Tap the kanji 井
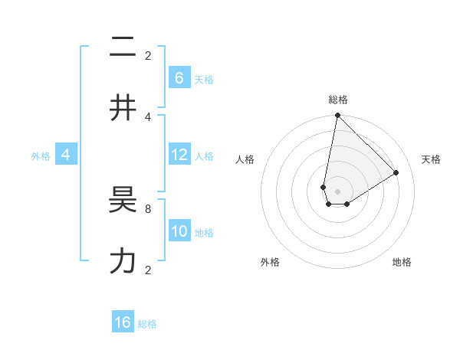[x=123, y=107]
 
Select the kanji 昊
[x=123, y=202]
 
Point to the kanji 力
[x=123, y=262]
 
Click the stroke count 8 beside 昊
[x=148, y=208]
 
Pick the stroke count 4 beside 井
[x=148, y=116]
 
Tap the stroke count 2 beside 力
[x=148, y=270]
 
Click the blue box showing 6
[x=179, y=77]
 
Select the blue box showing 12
[x=179, y=155]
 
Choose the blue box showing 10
[x=179, y=231]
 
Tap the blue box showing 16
[x=123, y=322]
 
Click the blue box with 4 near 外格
[x=66, y=155]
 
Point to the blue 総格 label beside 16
[x=147, y=324]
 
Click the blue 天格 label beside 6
[x=204, y=79]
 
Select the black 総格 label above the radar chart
[x=337, y=100]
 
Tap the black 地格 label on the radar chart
[x=402, y=262]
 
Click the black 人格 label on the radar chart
[x=245, y=159]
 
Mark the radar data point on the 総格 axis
[x=337, y=116]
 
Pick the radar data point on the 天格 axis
[x=396, y=172]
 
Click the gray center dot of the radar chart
[x=337, y=191]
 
